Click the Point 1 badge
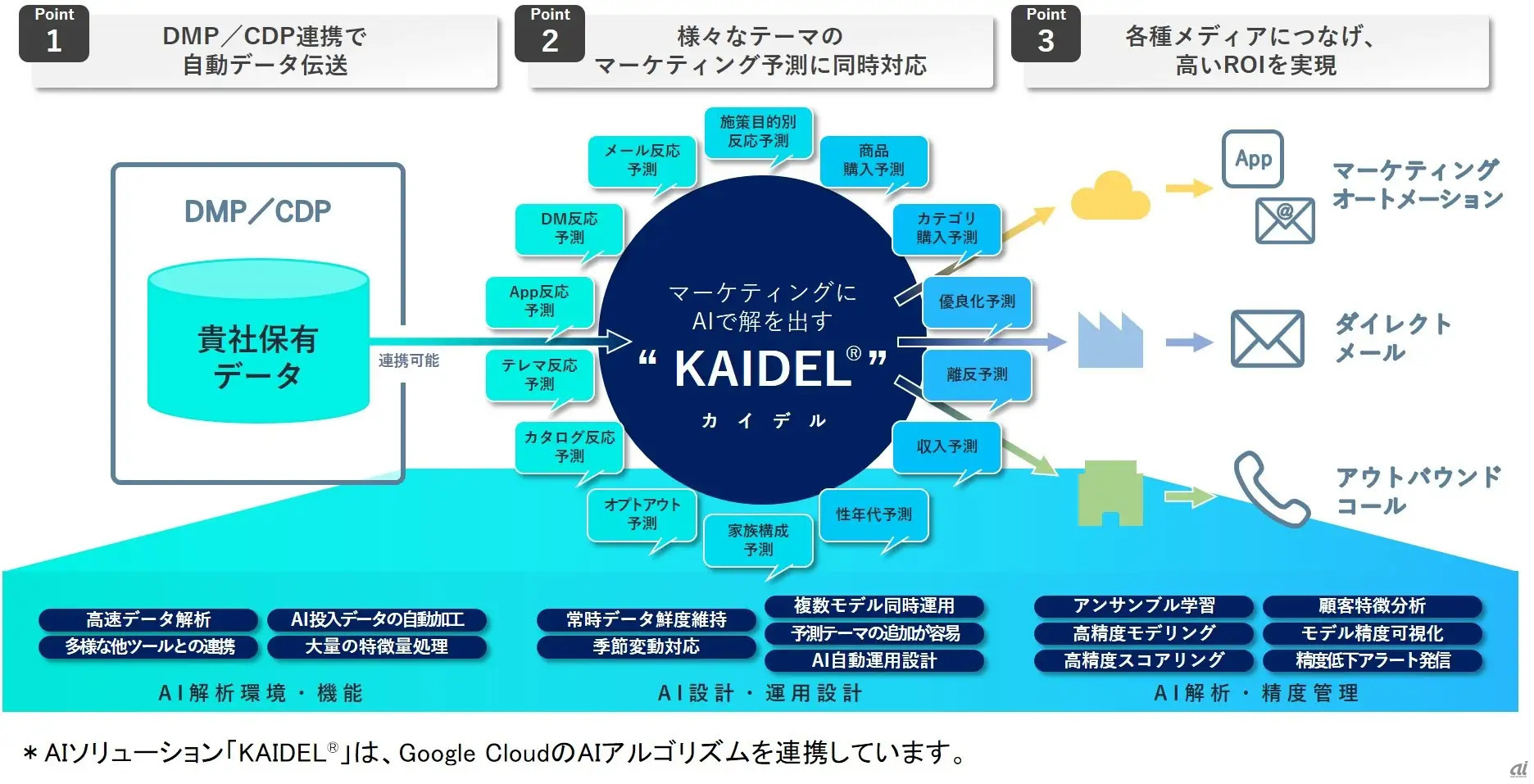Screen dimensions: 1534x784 (54, 33)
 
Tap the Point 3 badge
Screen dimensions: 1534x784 (1046, 33)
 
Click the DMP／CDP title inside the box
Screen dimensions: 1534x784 (258, 211)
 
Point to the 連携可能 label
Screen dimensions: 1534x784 (409, 360)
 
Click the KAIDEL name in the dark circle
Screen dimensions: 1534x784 (763, 369)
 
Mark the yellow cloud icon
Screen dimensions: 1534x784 (1110, 196)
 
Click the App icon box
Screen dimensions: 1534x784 (1253, 159)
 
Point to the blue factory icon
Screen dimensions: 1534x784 (1110, 340)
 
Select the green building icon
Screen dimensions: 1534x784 (1110, 493)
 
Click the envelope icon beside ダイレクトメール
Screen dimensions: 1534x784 (1267, 338)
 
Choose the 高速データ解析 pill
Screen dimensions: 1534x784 (148, 619)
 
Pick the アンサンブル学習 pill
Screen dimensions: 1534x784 (1144, 606)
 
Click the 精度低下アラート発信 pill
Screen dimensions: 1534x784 (1373, 660)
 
